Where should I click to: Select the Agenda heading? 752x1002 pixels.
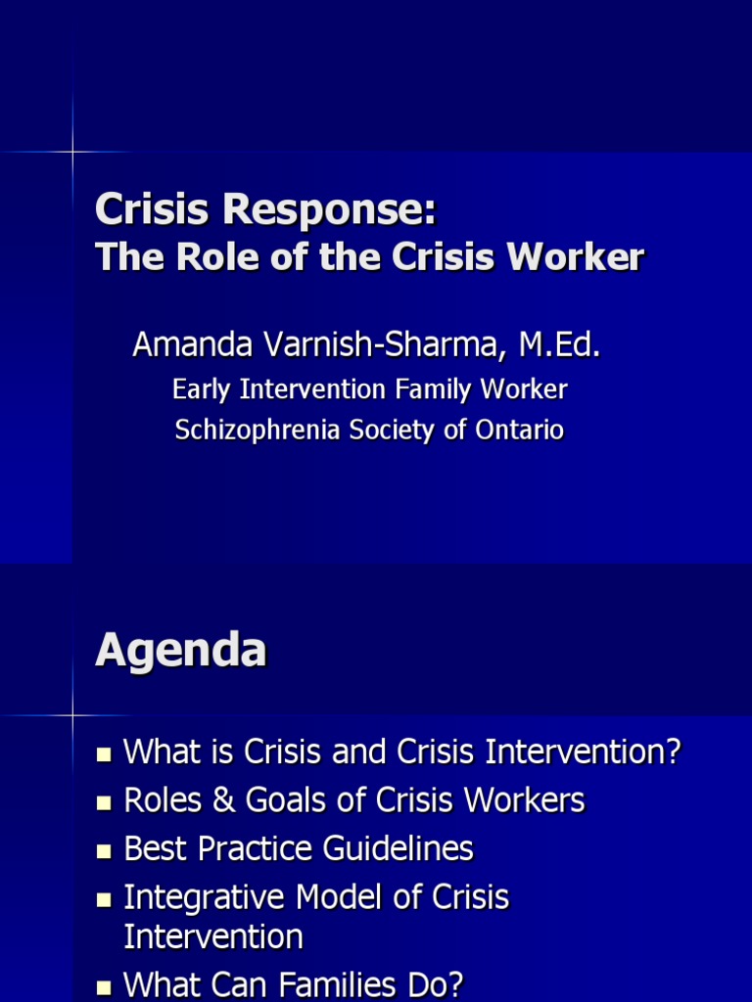(x=180, y=650)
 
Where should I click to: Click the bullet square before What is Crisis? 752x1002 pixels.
(x=104, y=754)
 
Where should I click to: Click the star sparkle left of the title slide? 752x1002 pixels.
(x=72, y=152)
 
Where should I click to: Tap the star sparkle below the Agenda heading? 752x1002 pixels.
(x=72, y=715)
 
